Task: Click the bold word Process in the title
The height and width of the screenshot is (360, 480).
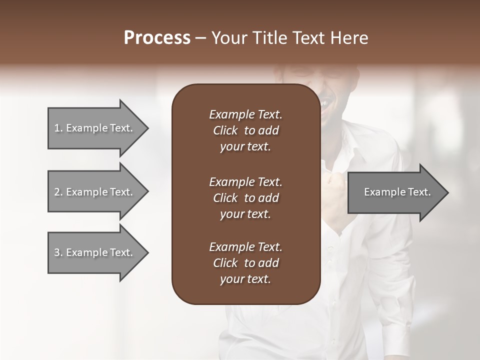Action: (x=157, y=38)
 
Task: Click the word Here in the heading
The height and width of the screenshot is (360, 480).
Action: (x=349, y=38)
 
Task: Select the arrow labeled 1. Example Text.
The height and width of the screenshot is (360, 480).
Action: (x=95, y=128)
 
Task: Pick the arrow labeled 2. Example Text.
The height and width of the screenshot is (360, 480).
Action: (x=95, y=192)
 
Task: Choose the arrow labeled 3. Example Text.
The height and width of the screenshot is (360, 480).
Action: (x=95, y=252)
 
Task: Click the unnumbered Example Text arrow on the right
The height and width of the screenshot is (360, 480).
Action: (x=395, y=192)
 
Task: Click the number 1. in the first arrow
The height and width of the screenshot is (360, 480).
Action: (x=58, y=128)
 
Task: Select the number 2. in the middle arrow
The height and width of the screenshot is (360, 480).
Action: (x=58, y=192)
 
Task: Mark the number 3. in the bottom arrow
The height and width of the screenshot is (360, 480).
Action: (x=58, y=252)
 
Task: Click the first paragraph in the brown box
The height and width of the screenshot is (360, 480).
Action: (x=245, y=130)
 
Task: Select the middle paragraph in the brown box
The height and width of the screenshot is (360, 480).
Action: (x=245, y=197)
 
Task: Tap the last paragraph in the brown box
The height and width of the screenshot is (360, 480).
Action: (x=245, y=263)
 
